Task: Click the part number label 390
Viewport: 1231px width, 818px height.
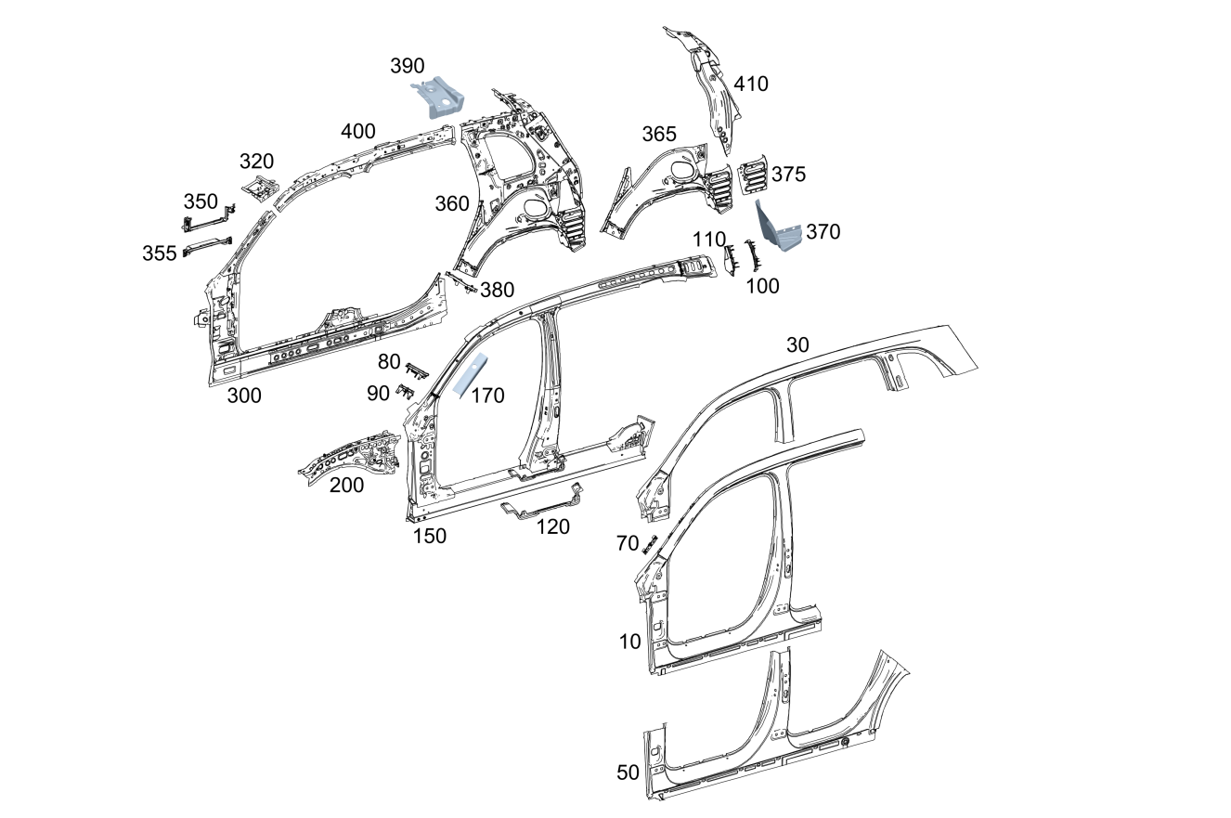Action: tap(407, 66)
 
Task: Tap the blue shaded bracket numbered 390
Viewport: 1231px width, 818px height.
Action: tap(439, 97)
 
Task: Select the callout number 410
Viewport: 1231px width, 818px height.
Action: tap(751, 84)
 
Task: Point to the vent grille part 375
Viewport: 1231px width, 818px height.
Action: tap(753, 175)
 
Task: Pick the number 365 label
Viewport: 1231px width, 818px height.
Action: tap(659, 135)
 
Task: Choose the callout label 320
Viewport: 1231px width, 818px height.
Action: tap(256, 162)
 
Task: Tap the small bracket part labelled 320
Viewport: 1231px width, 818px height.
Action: tap(260, 187)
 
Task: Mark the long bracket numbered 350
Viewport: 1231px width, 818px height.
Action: tap(205, 222)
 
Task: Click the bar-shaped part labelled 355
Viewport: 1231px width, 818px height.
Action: tap(205, 246)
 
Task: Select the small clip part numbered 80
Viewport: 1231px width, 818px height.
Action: tap(417, 370)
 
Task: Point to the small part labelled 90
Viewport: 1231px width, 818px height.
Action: tap(405, 391)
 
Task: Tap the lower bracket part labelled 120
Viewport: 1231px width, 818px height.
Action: tap(543, 505)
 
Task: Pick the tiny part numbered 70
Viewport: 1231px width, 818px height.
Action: tap(650, 544)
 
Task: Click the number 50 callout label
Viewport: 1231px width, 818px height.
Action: tap(628, 773)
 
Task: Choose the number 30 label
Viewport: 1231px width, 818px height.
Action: tap(797, 345)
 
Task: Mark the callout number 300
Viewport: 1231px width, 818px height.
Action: tap(244, 396)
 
